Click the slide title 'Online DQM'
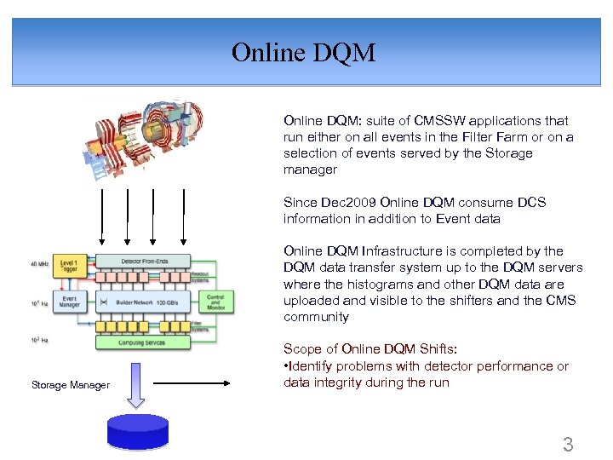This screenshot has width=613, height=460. point(304,53)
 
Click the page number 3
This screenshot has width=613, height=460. point(568,444)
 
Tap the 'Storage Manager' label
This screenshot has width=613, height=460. point(71,385)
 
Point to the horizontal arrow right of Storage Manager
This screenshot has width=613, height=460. point(192,383)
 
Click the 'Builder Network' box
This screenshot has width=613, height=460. point(142,302)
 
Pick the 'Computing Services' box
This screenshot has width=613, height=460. point(142,342)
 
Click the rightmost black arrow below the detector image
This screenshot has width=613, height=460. point(183,217)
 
